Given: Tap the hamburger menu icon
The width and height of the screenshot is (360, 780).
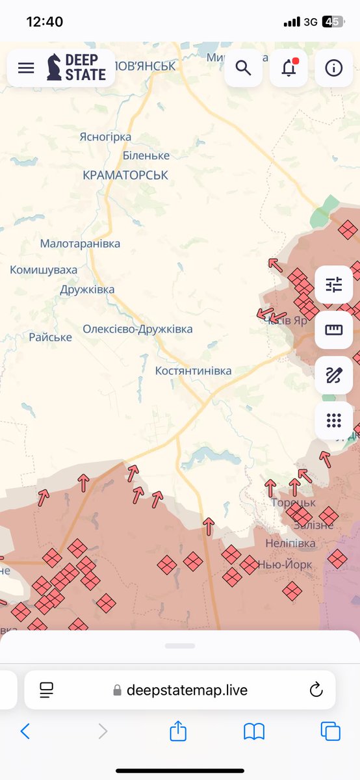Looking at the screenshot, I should click(x=26, y=68).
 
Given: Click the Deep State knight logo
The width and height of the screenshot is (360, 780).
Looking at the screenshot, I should click(x=55, y=68).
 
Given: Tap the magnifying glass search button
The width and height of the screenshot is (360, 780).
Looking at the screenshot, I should click(x=243, y=68).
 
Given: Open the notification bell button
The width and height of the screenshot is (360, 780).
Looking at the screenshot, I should click(x=289, y=68).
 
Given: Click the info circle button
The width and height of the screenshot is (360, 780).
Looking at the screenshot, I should click(x=333, y=68).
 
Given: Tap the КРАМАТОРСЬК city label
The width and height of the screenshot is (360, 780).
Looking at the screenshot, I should click(x=125, y=175).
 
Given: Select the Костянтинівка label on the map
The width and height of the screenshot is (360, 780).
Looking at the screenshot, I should click(x=193, y=370).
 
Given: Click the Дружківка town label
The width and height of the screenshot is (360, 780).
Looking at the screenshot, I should click(x=87, y=289).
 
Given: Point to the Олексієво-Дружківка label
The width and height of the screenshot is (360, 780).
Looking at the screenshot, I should click(x=137, y=329).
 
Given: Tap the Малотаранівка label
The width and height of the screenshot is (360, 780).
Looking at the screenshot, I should click(x=80, y=244).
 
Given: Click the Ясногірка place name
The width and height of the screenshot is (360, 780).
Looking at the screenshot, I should click(x=105, y=136).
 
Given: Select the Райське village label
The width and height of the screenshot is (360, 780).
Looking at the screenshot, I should click(x=50, y=337).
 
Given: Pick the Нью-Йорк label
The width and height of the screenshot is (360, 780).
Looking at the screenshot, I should click(x=285, y=564).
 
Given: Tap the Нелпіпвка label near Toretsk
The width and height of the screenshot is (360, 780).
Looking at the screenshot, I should click(x=290, y=543).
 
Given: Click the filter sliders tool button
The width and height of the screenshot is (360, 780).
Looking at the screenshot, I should click(x=333, y=285).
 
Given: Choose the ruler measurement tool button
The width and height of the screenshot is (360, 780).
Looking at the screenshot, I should click(x=333, y=330).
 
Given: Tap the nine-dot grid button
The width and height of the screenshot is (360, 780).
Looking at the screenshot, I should click(x=333, y=421).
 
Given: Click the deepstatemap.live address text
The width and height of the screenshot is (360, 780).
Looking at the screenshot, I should click(x=186, y=690).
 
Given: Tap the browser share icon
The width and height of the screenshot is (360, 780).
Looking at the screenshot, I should click(x=177, y=732).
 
